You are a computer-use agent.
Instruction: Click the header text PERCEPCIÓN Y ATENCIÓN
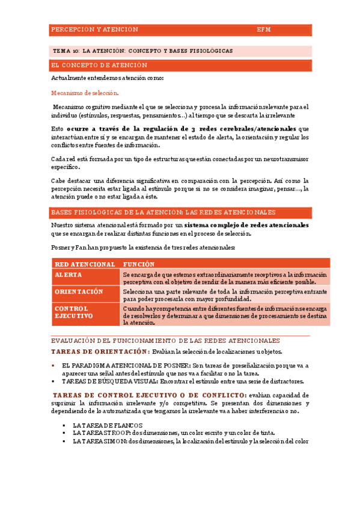coord(95,29)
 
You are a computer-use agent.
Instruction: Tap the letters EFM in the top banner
coord(264,29)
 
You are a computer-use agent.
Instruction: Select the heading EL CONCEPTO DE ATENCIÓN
coord(99,65)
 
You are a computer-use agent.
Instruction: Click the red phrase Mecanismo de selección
coord(85,93)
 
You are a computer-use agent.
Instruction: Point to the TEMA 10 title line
coord(142,51)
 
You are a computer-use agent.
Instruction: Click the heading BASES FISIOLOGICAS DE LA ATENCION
coord(163,212)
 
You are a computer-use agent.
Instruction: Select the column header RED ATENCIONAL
coord(85,264)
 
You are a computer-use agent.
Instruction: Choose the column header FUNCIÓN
coord(139,264)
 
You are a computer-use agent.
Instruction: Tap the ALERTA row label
coord(69,274)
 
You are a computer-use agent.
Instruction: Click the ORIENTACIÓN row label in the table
coord(79,291)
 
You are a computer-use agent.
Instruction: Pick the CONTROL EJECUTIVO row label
coord(73,312)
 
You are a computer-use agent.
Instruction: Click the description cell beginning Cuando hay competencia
coord(224,315)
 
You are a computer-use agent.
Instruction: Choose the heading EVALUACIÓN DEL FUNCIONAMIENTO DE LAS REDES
coord(165,340)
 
